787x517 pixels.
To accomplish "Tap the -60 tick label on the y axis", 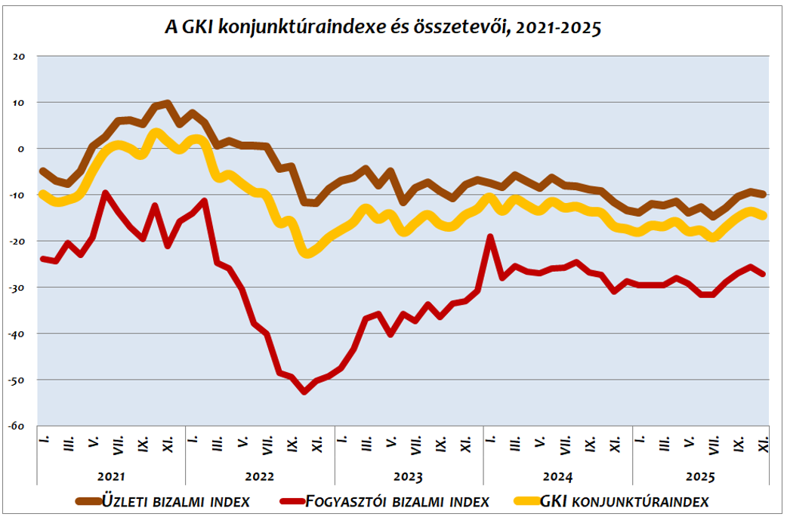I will pyautogui.click(x=17, y=426).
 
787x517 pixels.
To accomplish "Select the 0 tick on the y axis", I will pyautogui.click(x=22, y=149).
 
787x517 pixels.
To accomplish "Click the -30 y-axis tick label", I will pyautogui.click(x=17, y=288).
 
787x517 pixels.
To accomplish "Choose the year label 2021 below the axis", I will pyautogui.click(x=111, y=477).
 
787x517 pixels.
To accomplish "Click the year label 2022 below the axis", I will pyautogui.click(x=260, y=477).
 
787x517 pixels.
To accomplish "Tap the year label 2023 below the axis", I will pyautogui.click(x=409, y=477).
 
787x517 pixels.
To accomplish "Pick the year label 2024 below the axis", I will pyautogui.click(x=557, y=477).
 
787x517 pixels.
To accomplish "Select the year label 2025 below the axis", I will pyautogui.click(x=700, y=477).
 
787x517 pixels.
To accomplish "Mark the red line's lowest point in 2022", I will pyautogui.click(x=304, y=392).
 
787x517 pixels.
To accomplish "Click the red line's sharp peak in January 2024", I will pyautogui.click(x=490, y=237).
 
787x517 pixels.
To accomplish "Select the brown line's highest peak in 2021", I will pyautogui.click(x=167, y=103).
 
